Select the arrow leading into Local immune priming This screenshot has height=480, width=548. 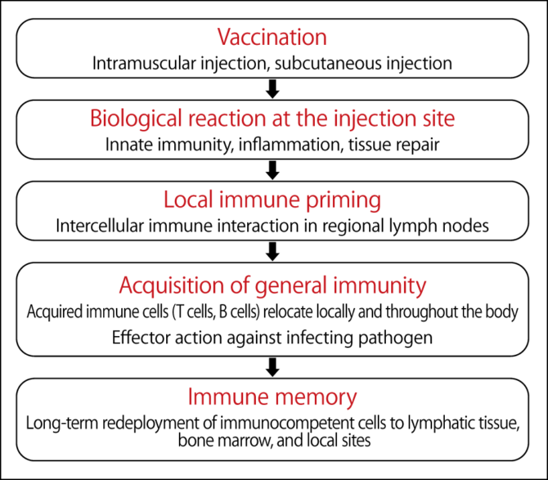click(x=274, y=169)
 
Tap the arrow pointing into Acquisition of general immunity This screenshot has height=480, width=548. click(x=274, y=250)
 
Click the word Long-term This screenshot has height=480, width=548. click(x=62, y=424)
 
